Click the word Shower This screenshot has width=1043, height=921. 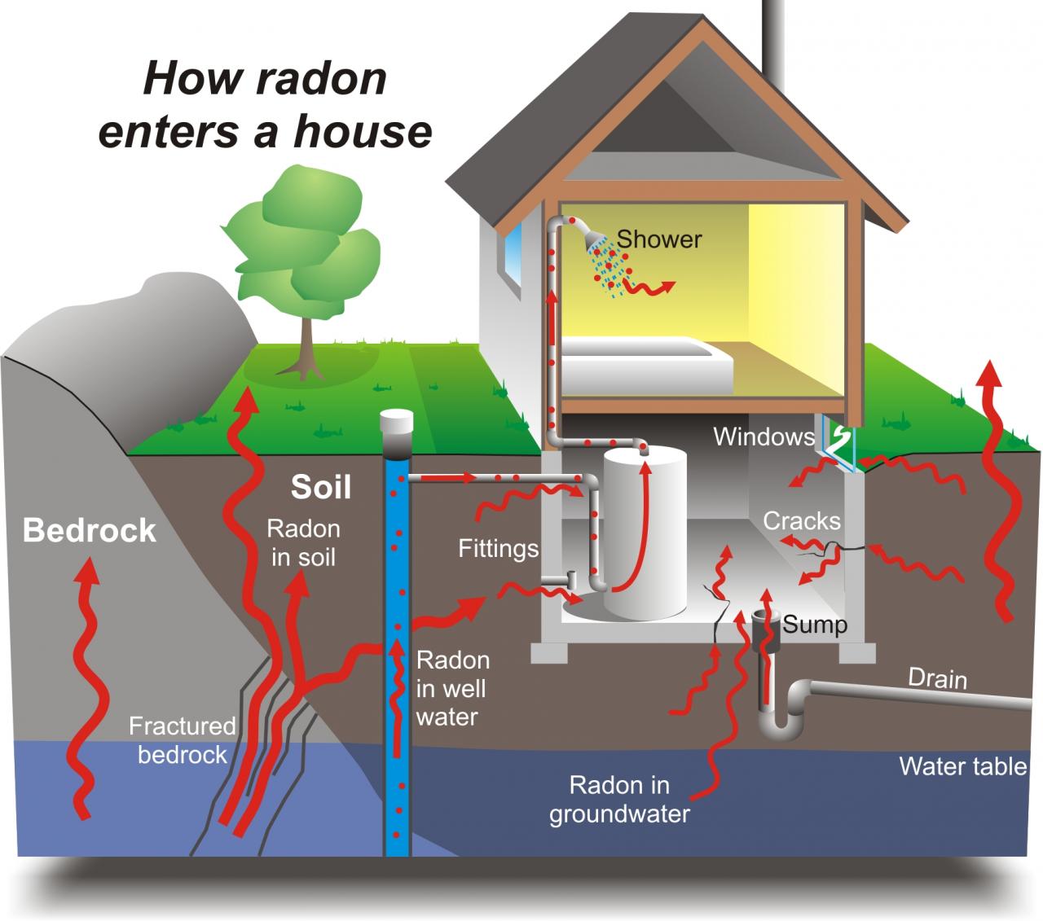pos(658,239)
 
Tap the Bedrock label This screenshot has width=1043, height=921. pos(89,530)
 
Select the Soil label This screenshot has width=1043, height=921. pos(321,487)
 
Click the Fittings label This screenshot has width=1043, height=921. pos(498,548)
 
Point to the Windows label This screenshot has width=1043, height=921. pos(764,437)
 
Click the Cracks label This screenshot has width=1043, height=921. pos(802,520)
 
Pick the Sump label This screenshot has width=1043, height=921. pos(815,625)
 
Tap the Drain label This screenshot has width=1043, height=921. pos(937,678)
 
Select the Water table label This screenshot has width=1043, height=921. pos(962,766)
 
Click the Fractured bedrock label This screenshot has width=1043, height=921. pos(182,739)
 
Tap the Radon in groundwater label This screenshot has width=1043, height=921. pos(618,799)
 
